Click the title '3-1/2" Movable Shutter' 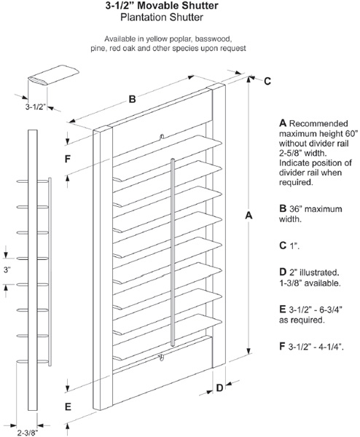tap(162, 6)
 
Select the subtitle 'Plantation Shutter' tap(162, 17)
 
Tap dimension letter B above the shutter tap(132, 98)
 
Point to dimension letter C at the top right tap(267, 81)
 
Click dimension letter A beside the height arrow tap(249, 216)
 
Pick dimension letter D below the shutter tap(220, 387)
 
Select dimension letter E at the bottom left tap(68, 407)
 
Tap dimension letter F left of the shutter tap(68, 159)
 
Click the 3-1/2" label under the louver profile tap(36, 107)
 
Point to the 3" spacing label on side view tap(7, 269)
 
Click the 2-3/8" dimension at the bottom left tap(27, 433)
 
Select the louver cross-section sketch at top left tap(53, 75)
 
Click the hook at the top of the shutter tap(162, 136)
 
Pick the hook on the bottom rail tap(160, 358)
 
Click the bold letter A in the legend tap(283, 123)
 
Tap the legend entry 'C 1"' tap(289, 245)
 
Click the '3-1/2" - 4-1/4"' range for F tap(316, 347)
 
